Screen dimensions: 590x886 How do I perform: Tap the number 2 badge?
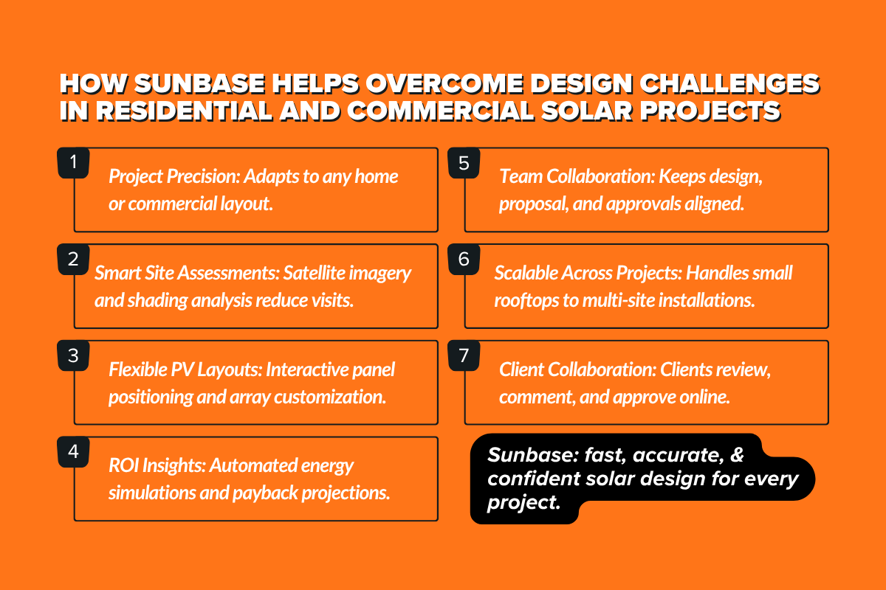click(73, 260)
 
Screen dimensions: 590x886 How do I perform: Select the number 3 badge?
click(73, 355)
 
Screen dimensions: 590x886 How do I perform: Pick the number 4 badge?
click(73, 451)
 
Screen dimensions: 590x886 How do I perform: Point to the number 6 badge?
click(464, 260)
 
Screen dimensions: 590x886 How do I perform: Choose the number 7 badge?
click(464, 355)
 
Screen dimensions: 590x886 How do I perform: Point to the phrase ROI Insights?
click(155, 465)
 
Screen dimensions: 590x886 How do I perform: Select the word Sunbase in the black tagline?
click(522, 455)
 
